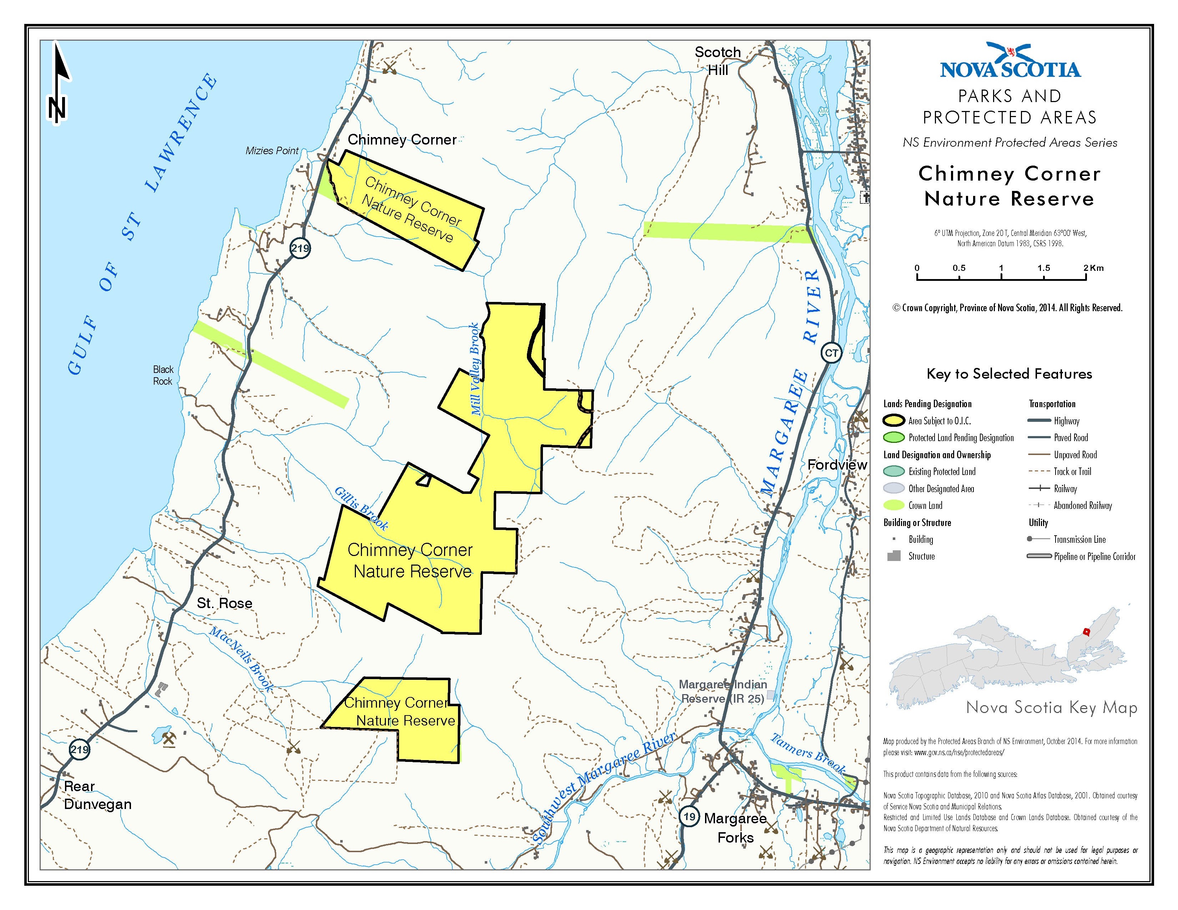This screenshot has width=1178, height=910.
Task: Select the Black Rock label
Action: pos(162,375)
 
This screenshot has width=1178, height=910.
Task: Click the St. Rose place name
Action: pos(225,603)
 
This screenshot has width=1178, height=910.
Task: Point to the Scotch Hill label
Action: pos(718,61)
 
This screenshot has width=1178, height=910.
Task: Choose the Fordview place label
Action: pos(837,465)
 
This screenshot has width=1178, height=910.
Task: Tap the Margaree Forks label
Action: pos(735,828)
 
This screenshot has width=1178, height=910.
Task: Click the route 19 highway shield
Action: pos(689,816)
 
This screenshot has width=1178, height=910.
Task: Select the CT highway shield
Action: pos(831,353)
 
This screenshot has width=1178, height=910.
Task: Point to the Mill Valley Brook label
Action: pos(475,369)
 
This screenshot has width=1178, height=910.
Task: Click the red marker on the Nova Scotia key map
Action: pos(1086,632)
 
